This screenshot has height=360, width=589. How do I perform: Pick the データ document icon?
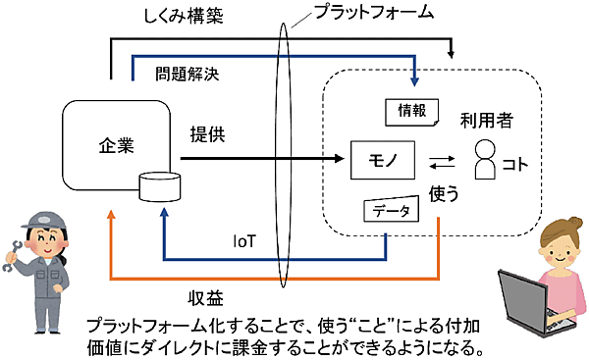pyautogui.click(x=393, y=211)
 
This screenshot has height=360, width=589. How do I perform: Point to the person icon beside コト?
pyautogui.click(x=484, y=160)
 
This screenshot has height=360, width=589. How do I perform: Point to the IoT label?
pyautogui.click(x=247, y=239)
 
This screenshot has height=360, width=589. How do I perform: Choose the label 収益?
pyautogui.click(x=207, y=296)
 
